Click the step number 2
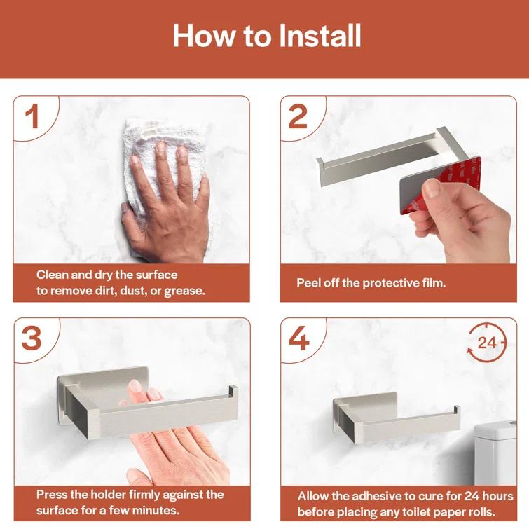pyautogui.click(x=298, y=116)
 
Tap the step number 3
pyautogui.click(x=32, y=338)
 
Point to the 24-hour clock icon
pyautogui.click(x=486, y=343)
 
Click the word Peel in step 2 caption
pyautogui.click(x=310, y=283)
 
